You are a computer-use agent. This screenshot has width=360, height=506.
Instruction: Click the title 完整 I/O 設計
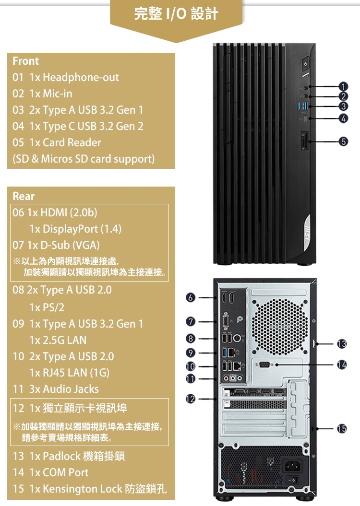[176, 14]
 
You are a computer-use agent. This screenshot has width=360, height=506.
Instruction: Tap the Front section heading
[26, 61]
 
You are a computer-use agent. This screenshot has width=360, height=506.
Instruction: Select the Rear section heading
[24, 196]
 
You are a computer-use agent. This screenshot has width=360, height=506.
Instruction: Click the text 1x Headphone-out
[73, 77]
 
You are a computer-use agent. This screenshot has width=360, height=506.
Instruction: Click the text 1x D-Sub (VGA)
[63, 245]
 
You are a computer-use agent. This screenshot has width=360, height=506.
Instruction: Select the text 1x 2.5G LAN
[58, 340]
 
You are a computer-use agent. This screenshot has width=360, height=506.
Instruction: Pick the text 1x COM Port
[59, 472]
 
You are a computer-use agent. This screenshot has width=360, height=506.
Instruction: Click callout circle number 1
[342, 87]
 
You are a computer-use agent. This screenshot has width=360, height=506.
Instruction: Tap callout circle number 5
[342, 141]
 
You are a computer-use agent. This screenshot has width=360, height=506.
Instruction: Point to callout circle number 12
[191, 398]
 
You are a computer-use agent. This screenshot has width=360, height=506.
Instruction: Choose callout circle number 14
[342, 365]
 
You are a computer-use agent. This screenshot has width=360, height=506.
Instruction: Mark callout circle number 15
[342, 428]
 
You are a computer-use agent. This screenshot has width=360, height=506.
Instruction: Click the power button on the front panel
[306, 63]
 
